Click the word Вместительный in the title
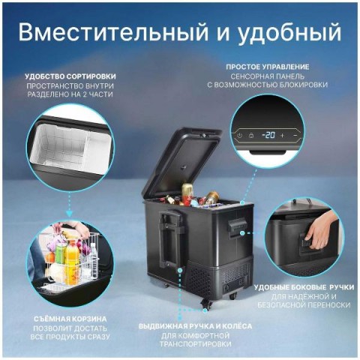coord(113,31)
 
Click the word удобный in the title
coord(289,32)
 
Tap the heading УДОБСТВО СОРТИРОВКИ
coord(70,76)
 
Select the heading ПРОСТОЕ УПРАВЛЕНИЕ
coord(268,67)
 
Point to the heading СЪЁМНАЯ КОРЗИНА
coord(70,319)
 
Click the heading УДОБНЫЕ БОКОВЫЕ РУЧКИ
coord(304,287)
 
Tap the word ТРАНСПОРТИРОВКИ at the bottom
coord(195,344)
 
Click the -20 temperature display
coord(268,135)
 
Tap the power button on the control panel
coord(239,136)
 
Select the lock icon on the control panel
coord(250,136)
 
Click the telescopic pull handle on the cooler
coord(170,238)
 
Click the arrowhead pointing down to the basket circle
coord(70,213)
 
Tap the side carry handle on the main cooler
coord(236,227)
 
